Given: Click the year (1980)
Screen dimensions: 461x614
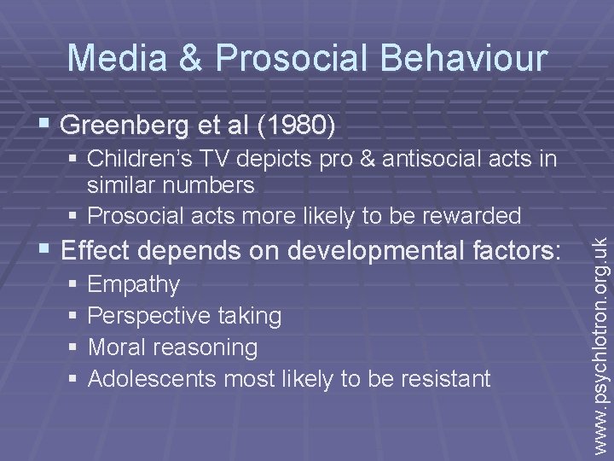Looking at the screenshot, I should tap(298, 125).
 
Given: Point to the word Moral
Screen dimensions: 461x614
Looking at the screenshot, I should tap(119, 347).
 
